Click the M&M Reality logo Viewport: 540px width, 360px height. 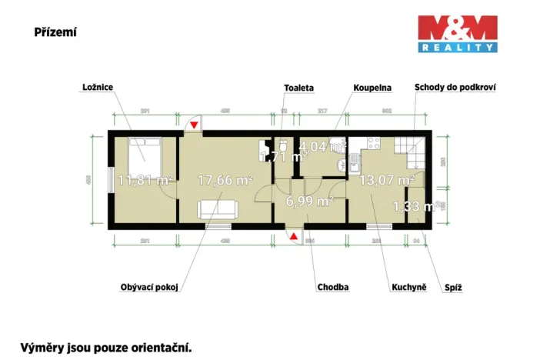[456, 34]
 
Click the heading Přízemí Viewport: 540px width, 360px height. [55, 32]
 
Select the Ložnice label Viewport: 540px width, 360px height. [98, 88]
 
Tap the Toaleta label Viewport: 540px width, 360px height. [298, 88]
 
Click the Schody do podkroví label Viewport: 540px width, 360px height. [454, 88]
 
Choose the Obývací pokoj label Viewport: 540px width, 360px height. [149, 287]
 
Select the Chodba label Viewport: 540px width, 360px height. [333, 287]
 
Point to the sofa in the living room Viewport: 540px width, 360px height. [218, 208]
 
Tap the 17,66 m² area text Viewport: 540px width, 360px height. [225, 180]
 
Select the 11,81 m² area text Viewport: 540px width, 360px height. [145, 181]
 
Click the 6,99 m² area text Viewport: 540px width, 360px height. [309, 201]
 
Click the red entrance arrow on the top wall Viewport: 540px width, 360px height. [195, 123]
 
